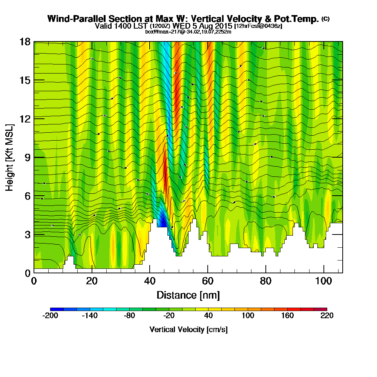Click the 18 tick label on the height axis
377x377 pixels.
point(25,42)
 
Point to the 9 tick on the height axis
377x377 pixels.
point(34,157)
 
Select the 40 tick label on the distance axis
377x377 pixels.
point(150,281)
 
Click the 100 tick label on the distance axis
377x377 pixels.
point(324,281)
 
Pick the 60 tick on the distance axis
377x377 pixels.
point(208,273)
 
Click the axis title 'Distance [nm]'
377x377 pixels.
point(188,295)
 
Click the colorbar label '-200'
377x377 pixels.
point(50,316)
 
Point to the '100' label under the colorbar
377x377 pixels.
point(248,316)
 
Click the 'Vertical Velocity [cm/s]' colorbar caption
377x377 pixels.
point(188,329)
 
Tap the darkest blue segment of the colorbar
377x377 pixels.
point(57,309)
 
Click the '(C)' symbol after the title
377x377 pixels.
point(325,19)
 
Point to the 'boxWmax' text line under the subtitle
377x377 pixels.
point(188,32)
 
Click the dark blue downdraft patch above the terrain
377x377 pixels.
point(162,219)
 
